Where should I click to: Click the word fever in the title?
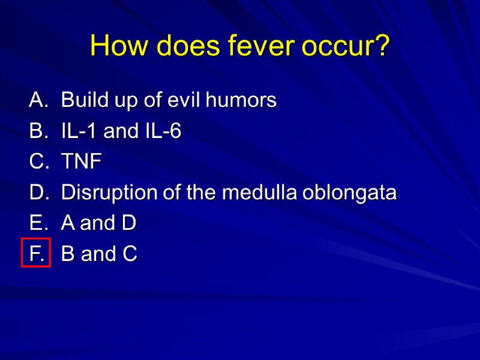(255, 46)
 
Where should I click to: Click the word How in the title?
(119, 46)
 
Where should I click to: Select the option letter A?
(37, 100)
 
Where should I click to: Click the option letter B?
(37, 131)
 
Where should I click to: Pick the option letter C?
(37, 162)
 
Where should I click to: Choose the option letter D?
(37, 193)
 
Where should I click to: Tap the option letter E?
(37, 224)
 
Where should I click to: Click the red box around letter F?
(35, 253)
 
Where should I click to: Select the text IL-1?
(80, 131)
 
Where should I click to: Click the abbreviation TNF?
(82, 162)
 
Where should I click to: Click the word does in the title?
(182, 46)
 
